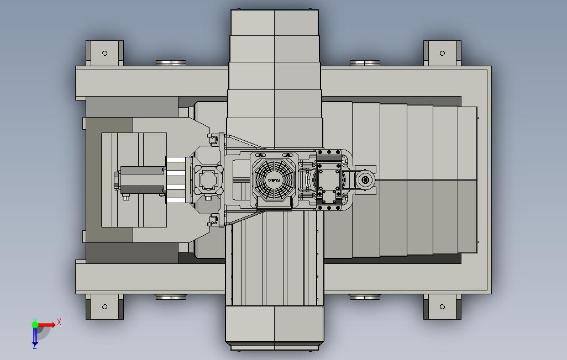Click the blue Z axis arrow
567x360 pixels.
click(34, 337)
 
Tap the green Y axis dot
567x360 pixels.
click(35, 325)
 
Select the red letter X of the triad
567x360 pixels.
click(59, 322)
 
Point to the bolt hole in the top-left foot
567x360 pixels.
click(104, 54)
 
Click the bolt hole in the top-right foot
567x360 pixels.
click(442, 54)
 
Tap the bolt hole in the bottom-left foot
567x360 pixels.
click(104, 306)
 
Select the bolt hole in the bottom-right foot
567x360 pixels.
click(442, 306)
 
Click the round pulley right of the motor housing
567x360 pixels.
click(365, 179)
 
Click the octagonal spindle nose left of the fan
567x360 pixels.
click(208, 179)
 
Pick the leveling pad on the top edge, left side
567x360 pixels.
click(171, 63)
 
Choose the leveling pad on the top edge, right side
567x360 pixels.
click(364, 63)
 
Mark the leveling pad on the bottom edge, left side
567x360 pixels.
click(171, 297)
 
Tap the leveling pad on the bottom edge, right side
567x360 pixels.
click(364, 297)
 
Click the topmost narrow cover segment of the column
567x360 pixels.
click(275, 23)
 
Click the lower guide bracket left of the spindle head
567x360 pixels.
click(213, 221)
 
